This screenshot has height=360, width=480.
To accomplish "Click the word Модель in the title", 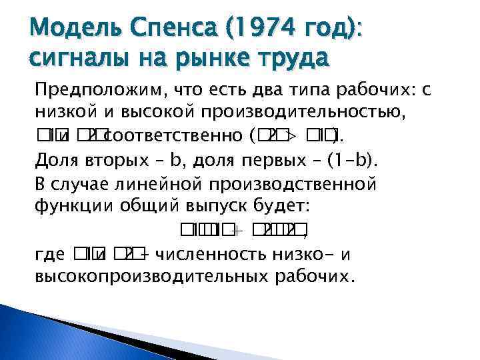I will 65,27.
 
